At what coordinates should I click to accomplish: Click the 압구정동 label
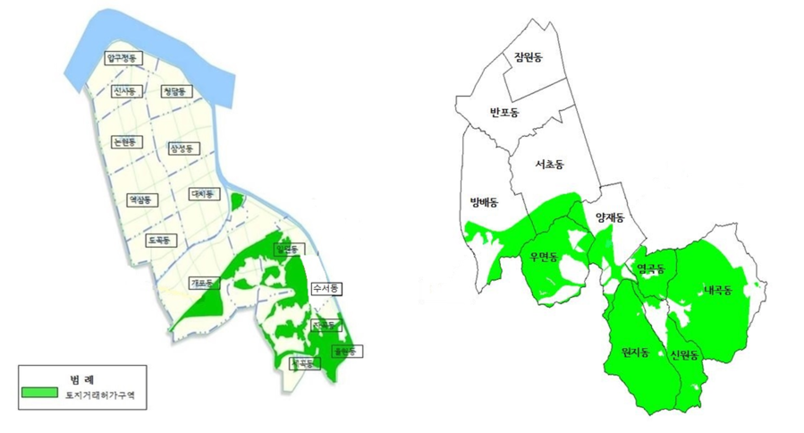pos(123,58)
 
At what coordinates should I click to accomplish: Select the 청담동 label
pos(174,91)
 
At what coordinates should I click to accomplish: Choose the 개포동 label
pos(204,283)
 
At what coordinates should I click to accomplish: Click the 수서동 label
pos(326,289)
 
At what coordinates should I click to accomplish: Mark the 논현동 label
pos(124,141)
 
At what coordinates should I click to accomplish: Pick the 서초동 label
pos(549,165)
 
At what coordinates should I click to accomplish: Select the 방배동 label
pos(483,202)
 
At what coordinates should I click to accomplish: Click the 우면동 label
pos(543,258)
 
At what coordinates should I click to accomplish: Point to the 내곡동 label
pos(716,291)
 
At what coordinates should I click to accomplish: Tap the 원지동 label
pos(639,352)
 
